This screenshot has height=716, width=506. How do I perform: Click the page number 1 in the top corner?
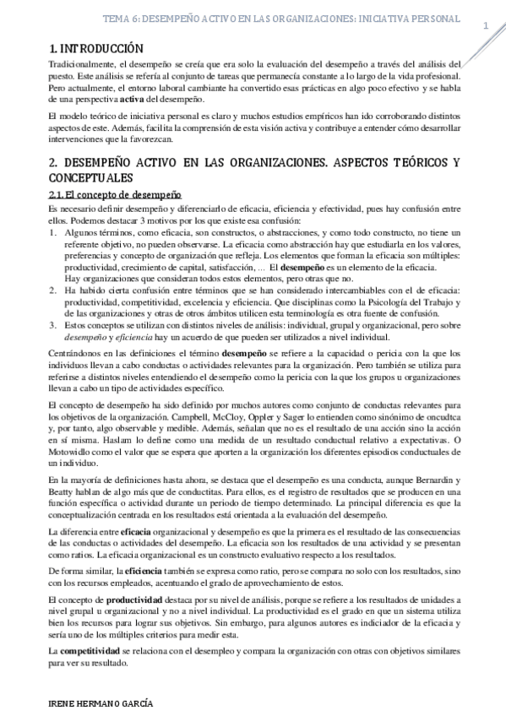click(487, 26)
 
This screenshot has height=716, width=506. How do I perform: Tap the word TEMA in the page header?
click(116, 18)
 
